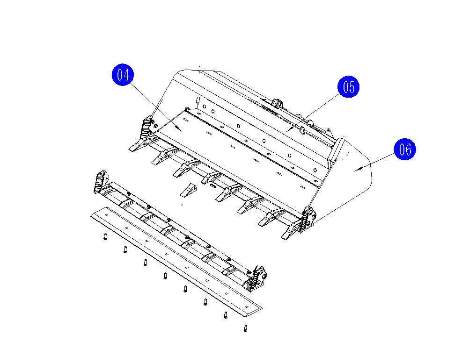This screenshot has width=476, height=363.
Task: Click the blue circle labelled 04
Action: pyautogui.click(x=123, y=75)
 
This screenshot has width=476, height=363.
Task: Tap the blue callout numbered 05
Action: pyautogui.click(x=349, y=86)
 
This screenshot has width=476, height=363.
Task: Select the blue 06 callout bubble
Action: pyautogui.click(x=405, y=149)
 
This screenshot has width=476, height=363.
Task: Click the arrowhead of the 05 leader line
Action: pyautogui.click(x=288, y=130)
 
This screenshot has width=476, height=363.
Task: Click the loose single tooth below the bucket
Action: pyautogui.click(x=188, y=190)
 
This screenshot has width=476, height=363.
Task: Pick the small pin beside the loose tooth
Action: pyautogui.click(x=212, y=185)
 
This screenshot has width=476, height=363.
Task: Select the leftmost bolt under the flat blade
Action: pyautogui.click(x=105, y=236)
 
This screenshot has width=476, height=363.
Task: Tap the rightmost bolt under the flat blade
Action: pyautogui.click(x=246, y=328)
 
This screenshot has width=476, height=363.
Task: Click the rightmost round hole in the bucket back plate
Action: pyautogui.click(x=315, y=170)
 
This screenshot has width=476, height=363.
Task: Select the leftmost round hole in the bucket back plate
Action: pyautogui.click(x=205, y=107)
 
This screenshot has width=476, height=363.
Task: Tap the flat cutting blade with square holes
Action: pyautogui.click(x=176, y=262)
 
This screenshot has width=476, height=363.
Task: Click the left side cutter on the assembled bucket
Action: pyautogui.click(x=147, y=127)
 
